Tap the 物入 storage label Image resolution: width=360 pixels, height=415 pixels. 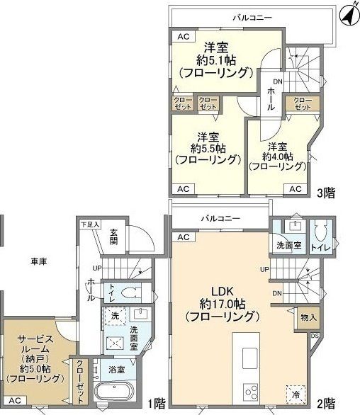coord(308,317)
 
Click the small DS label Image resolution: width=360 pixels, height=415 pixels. coord(314,335)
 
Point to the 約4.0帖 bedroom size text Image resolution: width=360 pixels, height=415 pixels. coord(276,157)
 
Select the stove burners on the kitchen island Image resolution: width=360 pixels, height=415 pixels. coord(253,392)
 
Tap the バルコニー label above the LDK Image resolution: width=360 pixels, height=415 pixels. coord(219,217)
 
